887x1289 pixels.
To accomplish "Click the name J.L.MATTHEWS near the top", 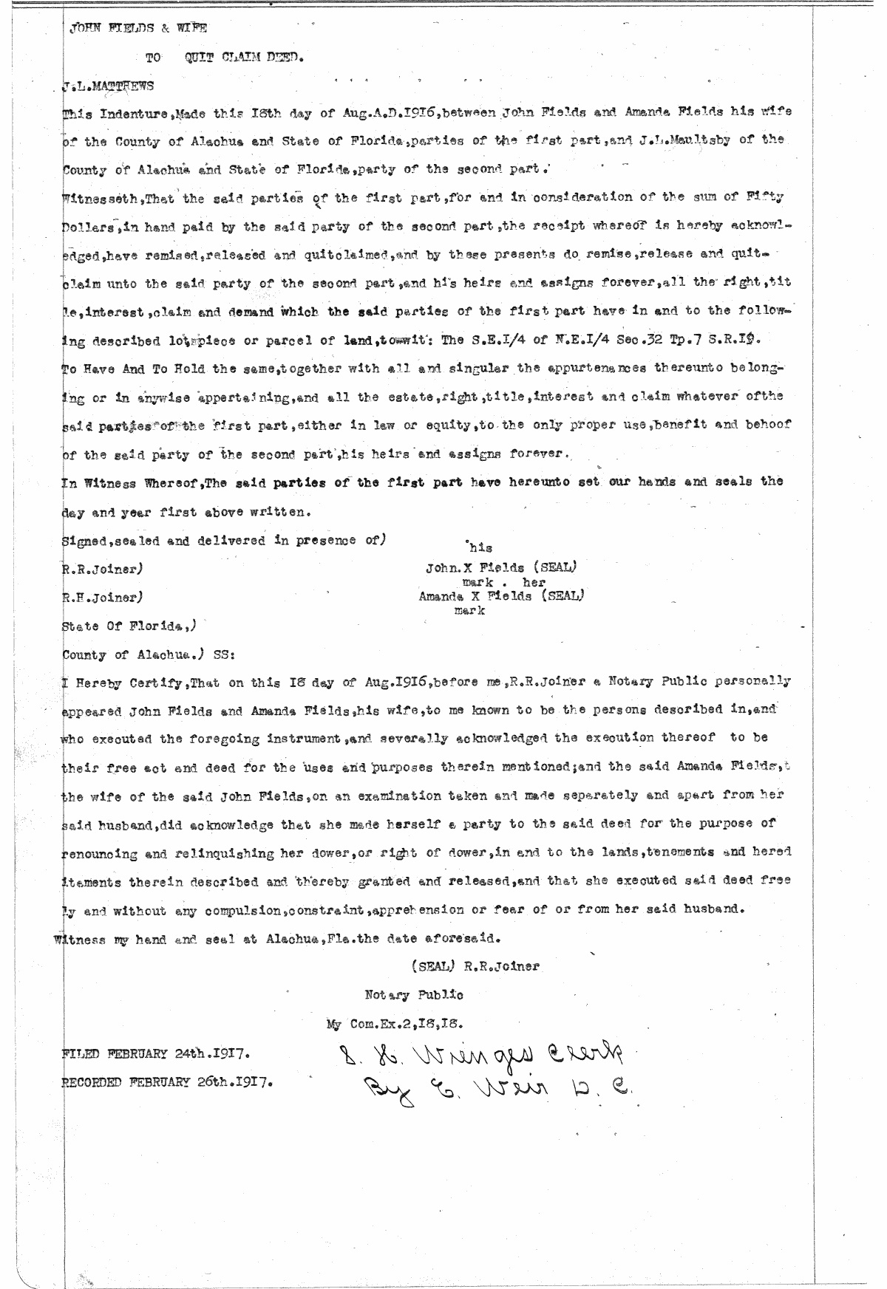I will (x=108, y=85).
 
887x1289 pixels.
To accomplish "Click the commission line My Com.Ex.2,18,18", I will (x=395, y=1024).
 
